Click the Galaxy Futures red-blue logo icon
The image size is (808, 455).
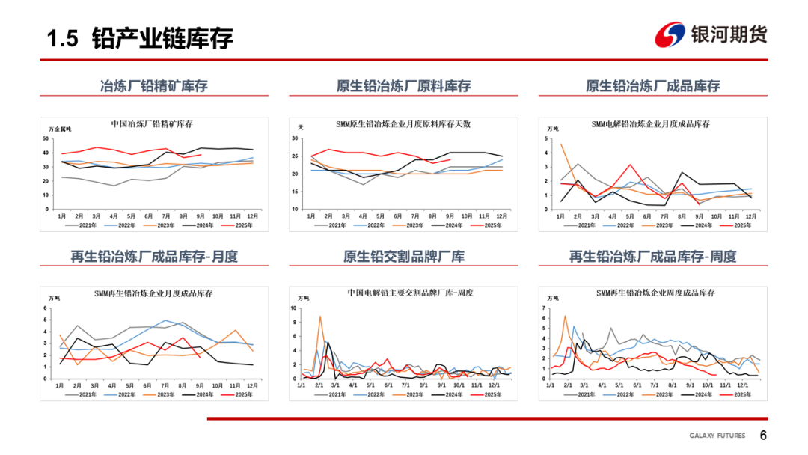(x=670, y=34)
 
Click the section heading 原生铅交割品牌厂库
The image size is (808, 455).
(x=404, y=257)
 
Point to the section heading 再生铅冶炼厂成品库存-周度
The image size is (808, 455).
(x=652, y=257)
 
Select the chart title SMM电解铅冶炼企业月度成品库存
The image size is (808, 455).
(x=650, y=123)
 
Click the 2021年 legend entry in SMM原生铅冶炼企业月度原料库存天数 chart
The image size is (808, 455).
(x=331, y=225)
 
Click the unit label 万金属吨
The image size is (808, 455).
(x=60, y=129)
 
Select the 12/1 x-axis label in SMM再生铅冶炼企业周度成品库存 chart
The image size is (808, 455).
(x=743, y=385)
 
